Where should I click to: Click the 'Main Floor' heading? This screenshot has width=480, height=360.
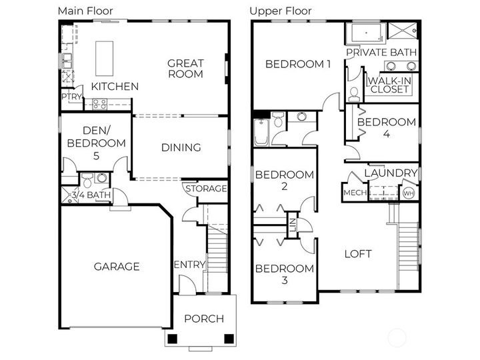(85, 11)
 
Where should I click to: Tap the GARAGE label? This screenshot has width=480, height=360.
(117, 267)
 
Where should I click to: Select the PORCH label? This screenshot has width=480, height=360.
(204, 319)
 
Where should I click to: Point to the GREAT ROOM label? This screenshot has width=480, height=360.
(185, 69)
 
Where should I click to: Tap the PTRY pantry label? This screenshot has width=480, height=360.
(71, 97)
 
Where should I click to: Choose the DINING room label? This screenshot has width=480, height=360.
(181, 147)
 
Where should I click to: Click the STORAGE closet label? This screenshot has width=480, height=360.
(206, 189)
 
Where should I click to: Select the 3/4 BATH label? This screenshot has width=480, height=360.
(91, 195)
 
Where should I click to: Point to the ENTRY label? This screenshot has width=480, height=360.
(189, 265)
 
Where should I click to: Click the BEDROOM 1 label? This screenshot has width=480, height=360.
(298, 64)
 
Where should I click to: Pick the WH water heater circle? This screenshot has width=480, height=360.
(408, 193)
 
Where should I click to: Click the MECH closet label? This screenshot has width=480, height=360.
(353, 193)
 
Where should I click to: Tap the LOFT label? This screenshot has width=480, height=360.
(358, 254)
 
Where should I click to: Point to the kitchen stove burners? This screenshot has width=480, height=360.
(99, 103)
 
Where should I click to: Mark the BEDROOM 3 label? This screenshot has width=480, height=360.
(284, 274)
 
